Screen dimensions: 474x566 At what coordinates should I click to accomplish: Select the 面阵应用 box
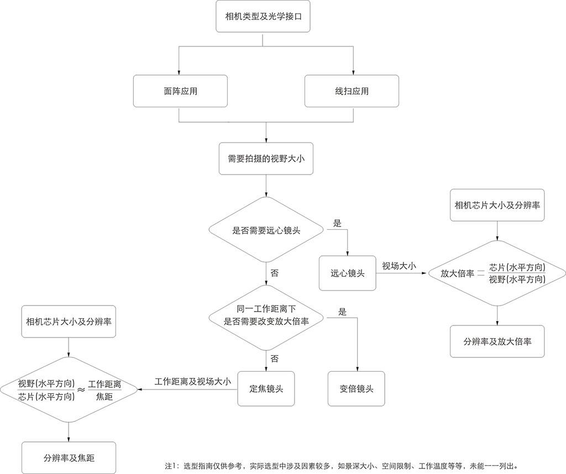[180, 91]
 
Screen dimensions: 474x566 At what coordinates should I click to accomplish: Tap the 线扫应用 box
[352, 91]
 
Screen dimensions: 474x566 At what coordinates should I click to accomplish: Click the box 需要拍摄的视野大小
[266, 159]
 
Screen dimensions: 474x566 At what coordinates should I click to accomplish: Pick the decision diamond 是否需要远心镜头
[266, 230]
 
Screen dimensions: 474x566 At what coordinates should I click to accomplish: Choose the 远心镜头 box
[347, 273]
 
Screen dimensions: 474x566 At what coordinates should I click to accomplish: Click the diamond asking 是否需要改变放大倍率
[266, 317]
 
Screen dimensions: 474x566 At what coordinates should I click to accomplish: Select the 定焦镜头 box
[266, 388]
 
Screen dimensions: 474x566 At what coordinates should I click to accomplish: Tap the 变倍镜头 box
[357, 388]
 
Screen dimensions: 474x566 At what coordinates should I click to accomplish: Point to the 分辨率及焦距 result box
[69, 458]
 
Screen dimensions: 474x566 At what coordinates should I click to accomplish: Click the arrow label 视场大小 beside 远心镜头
[399, 266]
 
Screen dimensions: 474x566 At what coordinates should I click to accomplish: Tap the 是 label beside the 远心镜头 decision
[337, 223]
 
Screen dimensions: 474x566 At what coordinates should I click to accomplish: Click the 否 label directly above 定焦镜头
[274, 359]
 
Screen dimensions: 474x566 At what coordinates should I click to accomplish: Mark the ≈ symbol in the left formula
[81, 389]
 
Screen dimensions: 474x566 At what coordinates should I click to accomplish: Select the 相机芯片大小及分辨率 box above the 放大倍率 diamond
[497, 205]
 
